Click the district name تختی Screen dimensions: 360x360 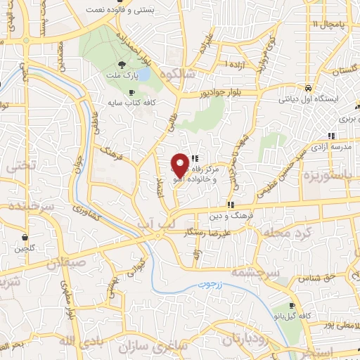coord(19,167)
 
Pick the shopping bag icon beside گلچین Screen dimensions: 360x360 coord(25,237)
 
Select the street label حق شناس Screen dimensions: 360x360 coord(314,278)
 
